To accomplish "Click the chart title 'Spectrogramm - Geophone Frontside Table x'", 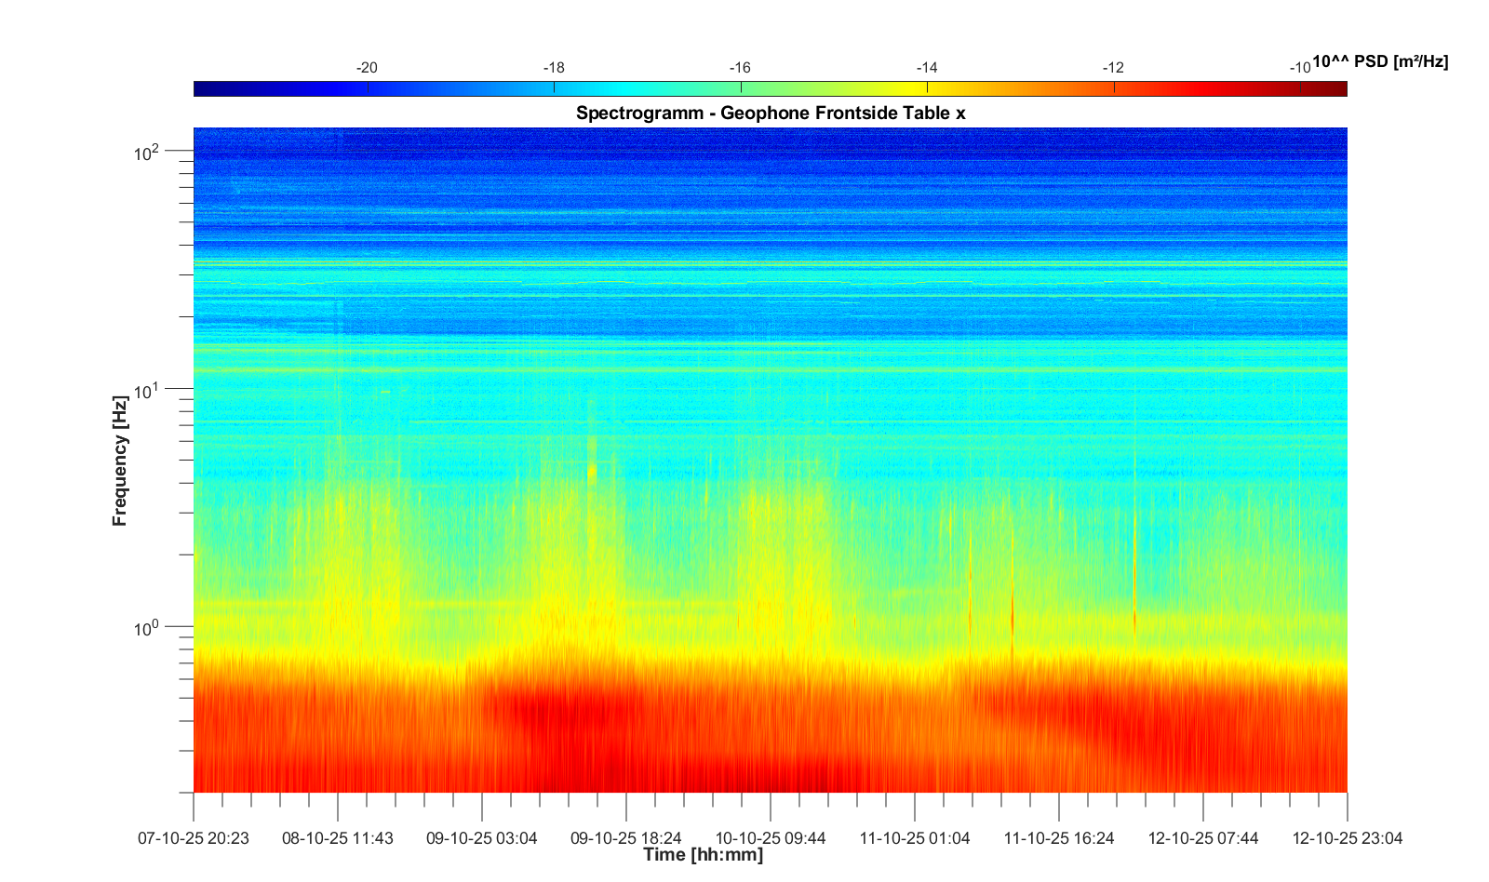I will click(771, 114).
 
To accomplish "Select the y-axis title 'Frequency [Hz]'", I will click(120, 461).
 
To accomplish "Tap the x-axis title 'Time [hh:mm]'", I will click(703, 855).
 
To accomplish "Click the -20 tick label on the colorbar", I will click(367, 68).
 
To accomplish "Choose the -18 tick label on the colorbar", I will click(554, 68).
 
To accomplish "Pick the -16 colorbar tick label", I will click(740, 68).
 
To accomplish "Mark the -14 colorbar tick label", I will click(927, 68).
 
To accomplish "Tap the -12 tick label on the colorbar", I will click(1113, 68).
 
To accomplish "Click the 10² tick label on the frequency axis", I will click(148, 152).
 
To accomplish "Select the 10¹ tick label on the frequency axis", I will click(148, 391).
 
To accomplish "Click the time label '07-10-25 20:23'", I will click(194, 838).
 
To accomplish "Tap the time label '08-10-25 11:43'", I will click(338, 838).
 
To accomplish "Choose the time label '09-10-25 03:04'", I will click(482, 838).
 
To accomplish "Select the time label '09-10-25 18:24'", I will click(626, 838).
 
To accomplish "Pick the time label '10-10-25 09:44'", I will click(771, 838).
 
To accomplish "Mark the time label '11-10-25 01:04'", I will click(915, 838).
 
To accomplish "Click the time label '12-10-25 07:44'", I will click(1203, 838).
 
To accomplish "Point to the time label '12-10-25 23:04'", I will click(1348, 838).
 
